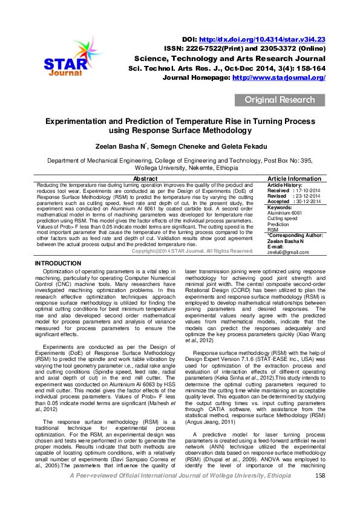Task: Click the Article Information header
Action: (x=294, y=179)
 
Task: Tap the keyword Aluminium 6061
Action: (x=284, y=213)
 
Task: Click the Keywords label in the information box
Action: (x=280, y=207)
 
